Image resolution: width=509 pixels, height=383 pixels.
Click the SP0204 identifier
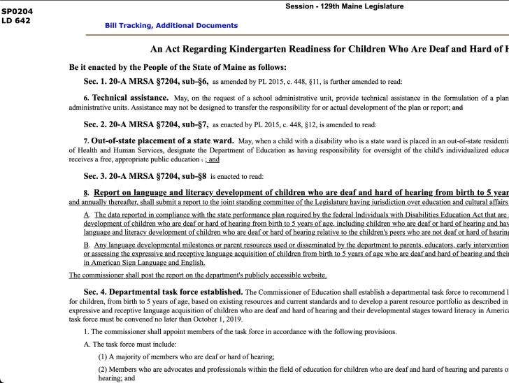[x=17, y=11]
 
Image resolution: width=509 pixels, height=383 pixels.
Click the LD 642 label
[x=15, y=20]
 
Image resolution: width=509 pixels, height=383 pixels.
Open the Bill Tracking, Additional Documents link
[x=171, y=26]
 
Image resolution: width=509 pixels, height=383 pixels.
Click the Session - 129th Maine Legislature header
[x=344, y=7]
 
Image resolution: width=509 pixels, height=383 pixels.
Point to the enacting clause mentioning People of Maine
[x=177, y=68]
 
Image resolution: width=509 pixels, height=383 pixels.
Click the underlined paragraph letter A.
[x=87, y=215]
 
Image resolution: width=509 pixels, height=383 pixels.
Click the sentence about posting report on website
[x=198, y=275]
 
